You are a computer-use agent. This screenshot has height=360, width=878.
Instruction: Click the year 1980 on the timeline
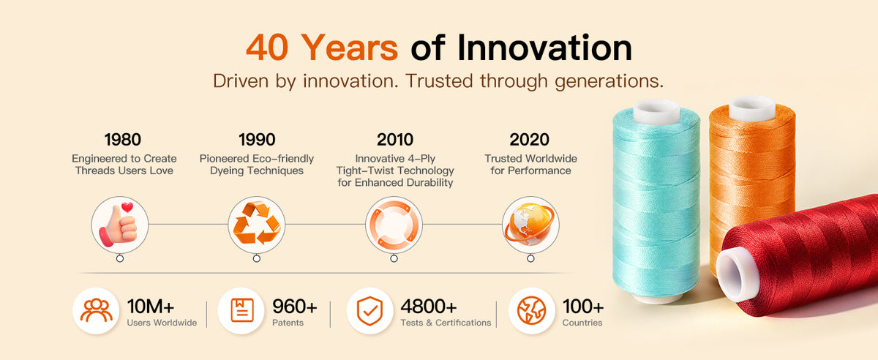click(123, 140)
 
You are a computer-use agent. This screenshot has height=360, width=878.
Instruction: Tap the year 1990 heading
click(257, 140)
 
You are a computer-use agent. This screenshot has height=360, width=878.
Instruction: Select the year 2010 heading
click(394, 140)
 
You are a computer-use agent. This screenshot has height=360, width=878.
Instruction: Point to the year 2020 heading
click(529, 140)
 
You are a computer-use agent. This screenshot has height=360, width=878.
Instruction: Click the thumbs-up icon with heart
click(119, 225)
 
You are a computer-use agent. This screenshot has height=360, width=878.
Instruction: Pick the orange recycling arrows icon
click(257, 222)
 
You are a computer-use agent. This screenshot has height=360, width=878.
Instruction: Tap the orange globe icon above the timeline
click(530, 224)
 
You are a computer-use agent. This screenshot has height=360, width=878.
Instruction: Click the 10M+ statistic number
click(151, 307)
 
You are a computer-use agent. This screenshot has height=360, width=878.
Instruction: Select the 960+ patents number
click(295, 307)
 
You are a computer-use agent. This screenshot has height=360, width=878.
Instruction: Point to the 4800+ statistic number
click(429, 307)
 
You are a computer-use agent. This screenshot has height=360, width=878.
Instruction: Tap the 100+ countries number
click(583, 307)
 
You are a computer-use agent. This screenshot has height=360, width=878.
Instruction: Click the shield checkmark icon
click(369, 311)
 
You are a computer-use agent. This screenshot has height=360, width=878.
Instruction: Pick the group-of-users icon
click(97, 310)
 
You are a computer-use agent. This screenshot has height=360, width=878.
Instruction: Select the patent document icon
click(242, 310)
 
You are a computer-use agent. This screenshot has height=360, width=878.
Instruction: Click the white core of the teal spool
click(656, 111)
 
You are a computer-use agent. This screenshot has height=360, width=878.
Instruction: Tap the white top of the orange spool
click(752, 108)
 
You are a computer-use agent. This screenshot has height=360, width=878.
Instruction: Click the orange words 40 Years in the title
click(322, 48)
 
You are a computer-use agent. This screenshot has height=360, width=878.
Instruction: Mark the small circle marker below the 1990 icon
click(257, 258)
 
